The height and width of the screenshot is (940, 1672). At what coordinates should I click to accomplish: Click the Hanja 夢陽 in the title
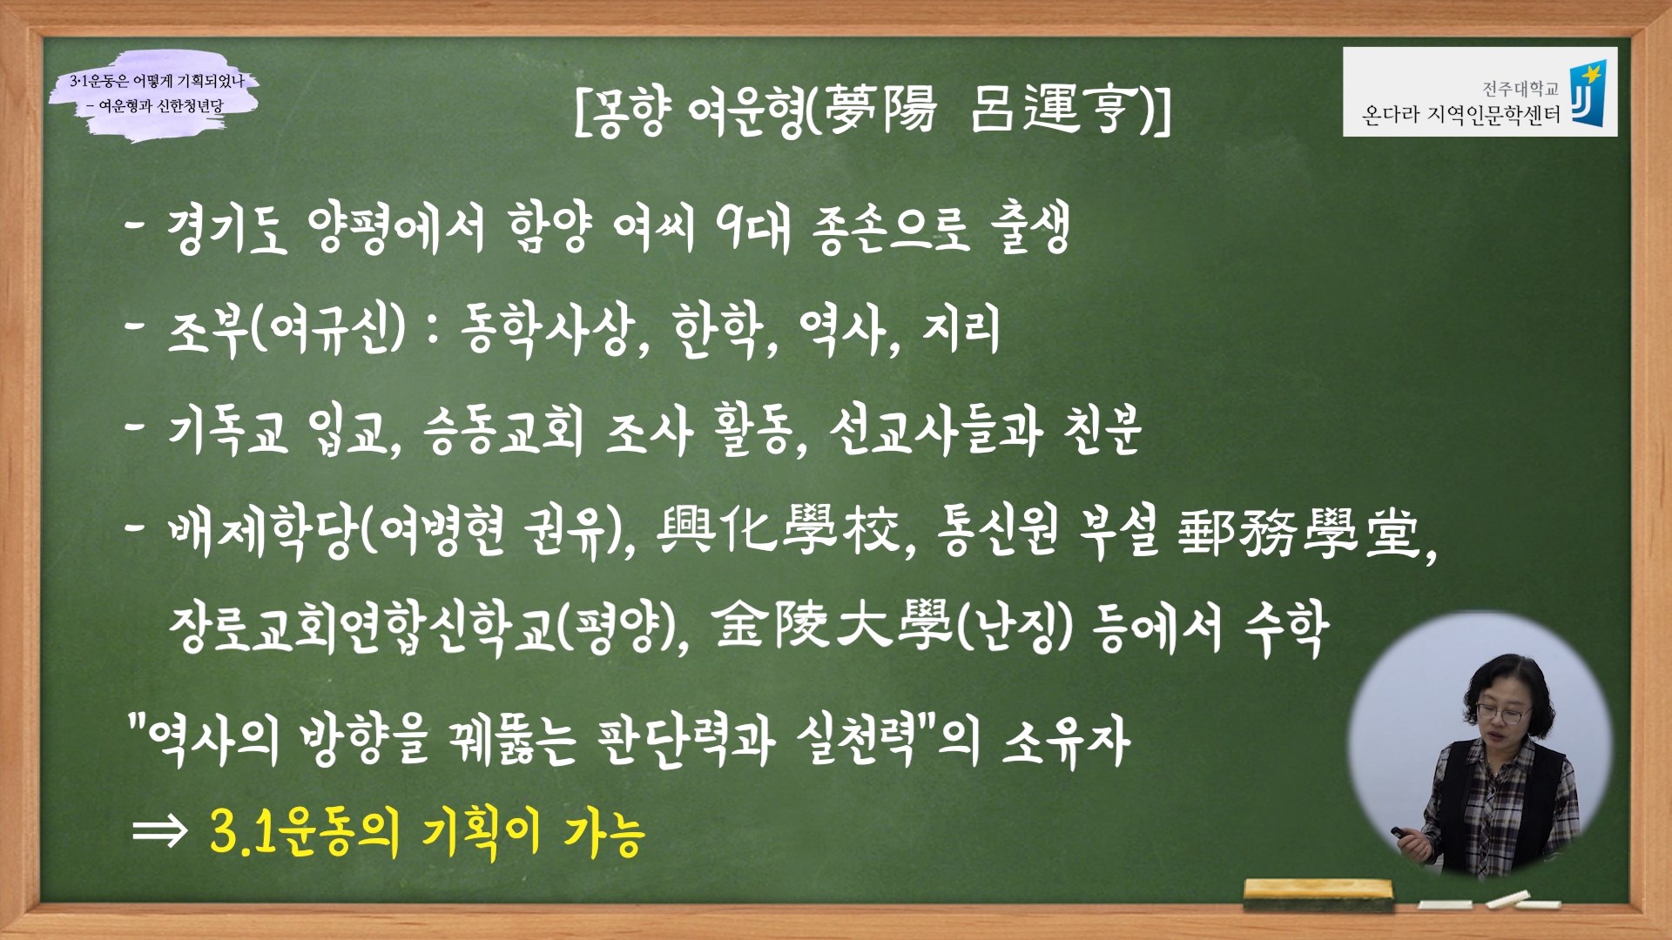[880, 110]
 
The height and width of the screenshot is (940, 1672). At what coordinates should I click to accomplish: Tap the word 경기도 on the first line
[227, 229]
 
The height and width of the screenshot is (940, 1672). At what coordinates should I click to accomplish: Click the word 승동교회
[502, 430]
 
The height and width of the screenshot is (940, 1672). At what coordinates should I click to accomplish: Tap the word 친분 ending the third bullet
[1102, 430]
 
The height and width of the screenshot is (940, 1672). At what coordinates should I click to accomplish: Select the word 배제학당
[262, 530]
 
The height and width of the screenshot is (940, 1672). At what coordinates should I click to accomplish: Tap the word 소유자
[1067, 741]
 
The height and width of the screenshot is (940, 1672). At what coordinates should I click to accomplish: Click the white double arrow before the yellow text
[159, 832]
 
